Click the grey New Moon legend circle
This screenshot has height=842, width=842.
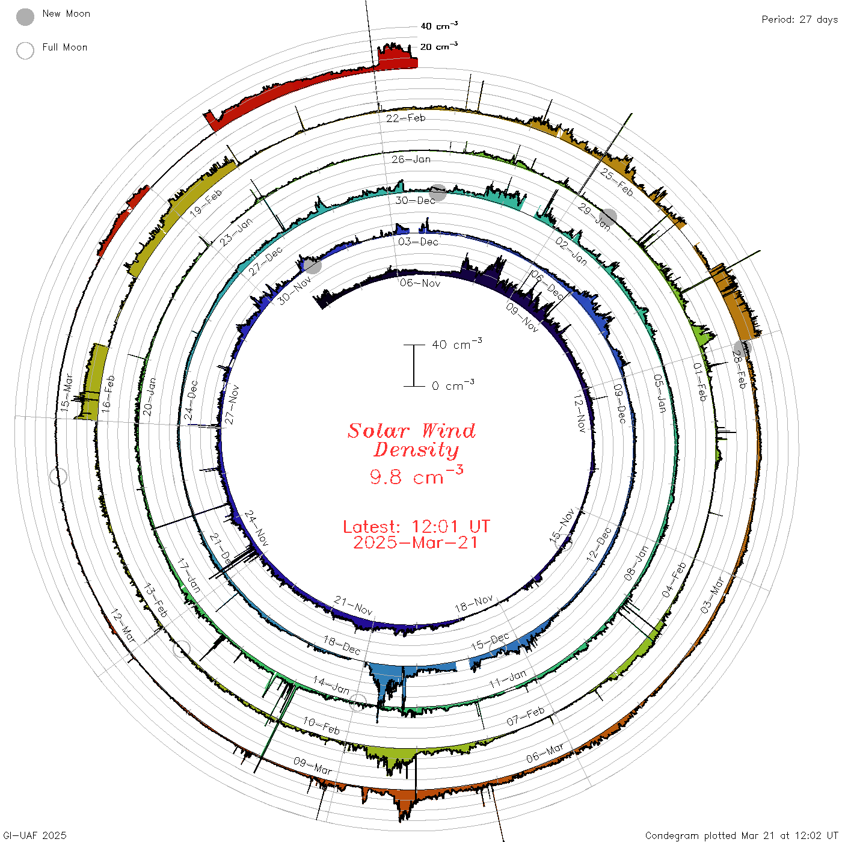[25, 17]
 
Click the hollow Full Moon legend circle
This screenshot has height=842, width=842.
[25, 51]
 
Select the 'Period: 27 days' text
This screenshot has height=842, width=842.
[799, 20]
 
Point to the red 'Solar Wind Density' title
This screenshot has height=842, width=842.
[411, 440]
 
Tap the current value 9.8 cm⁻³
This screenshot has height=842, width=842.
[416, 476]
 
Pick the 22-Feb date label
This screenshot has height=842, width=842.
[406, 118]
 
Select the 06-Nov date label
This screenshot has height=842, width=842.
[420, 283]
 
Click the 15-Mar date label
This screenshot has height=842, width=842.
[66, 393]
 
